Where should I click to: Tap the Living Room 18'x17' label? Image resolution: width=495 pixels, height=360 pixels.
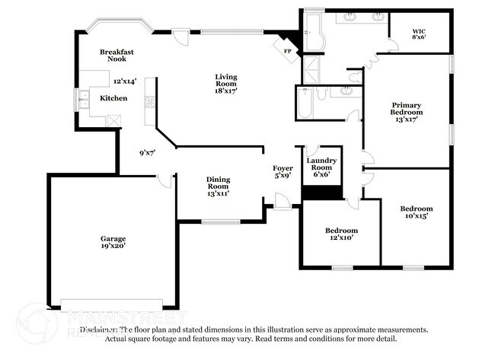(226, 83)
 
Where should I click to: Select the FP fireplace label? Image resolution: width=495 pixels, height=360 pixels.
(288, 51)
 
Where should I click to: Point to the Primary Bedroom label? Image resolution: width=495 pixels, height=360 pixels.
(406, 112)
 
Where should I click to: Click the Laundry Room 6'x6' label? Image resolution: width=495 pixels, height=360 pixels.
(321, 167)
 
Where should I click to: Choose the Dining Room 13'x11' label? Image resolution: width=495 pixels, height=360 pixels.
(218, 186)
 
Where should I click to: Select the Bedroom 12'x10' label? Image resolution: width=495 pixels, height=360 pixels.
(341, 234)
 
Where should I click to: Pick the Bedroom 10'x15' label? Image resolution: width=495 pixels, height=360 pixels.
(417, 212)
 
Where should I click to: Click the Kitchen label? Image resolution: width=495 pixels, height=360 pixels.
(113, 99)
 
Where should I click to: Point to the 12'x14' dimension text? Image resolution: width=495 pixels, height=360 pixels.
(123, 81)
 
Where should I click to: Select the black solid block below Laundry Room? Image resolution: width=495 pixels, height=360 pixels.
(321, 192)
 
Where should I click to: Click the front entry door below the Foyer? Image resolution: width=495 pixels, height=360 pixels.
(282, 202)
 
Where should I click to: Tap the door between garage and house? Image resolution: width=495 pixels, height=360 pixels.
(164, 180)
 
